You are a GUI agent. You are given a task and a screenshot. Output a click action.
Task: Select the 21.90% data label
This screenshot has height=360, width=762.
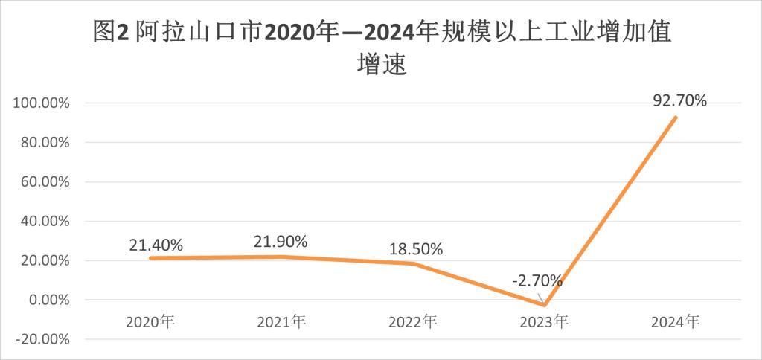click(282, 241)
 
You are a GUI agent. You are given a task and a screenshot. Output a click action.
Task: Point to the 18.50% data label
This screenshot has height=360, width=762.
click(416, 248)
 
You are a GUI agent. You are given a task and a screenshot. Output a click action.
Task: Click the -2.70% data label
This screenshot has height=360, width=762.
click(537, 282)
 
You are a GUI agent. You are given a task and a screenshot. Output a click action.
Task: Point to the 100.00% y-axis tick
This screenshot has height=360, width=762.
click(42, 103)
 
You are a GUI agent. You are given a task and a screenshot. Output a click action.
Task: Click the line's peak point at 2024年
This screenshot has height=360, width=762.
click(676, 118)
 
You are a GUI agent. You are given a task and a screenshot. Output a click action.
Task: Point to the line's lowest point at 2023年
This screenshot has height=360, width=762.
click(545, 305)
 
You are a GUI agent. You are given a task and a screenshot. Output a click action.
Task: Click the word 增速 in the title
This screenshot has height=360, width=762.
click(381, 65)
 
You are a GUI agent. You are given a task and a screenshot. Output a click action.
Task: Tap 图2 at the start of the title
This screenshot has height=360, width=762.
click(112, 33)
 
